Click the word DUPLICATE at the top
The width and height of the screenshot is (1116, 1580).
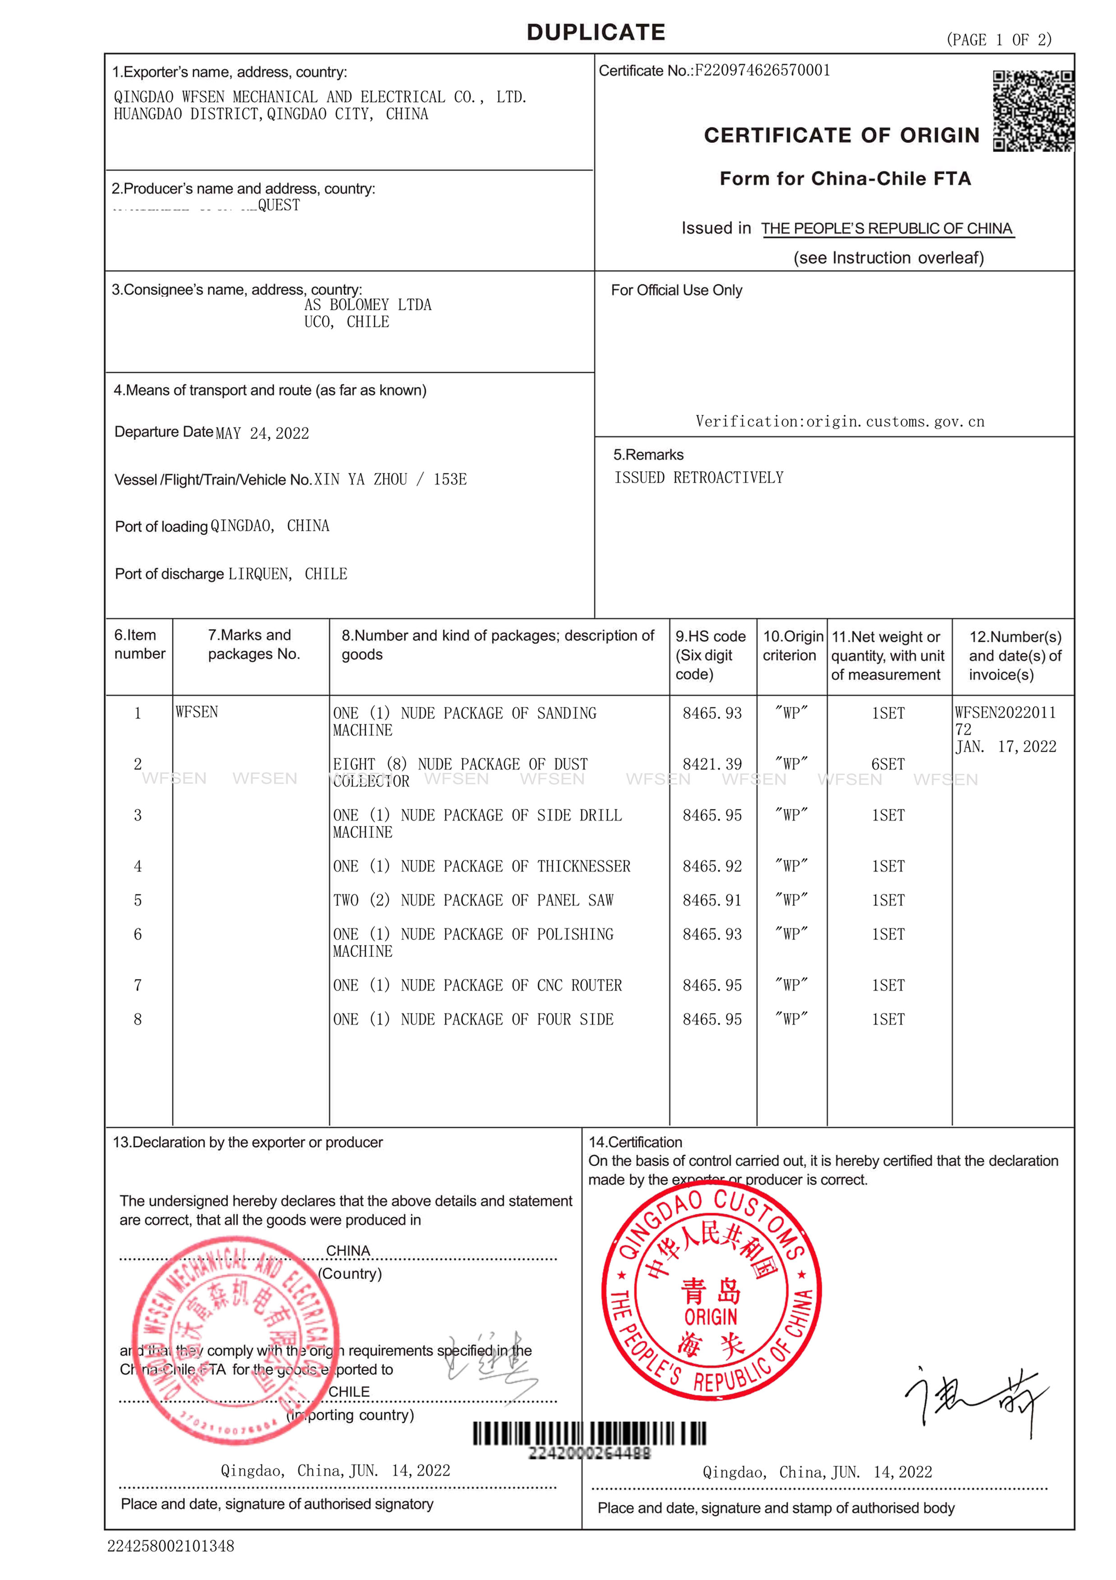(596, 32)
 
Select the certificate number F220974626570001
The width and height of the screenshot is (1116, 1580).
(762, 70)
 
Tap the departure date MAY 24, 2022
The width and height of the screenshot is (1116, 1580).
(262, 433)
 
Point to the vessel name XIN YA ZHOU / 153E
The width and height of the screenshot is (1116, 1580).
(390, 479)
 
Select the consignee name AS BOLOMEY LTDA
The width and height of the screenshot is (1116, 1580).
(367, 305)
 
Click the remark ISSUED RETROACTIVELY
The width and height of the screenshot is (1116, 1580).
(698, 478)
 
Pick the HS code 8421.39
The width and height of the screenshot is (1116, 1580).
(712, 764)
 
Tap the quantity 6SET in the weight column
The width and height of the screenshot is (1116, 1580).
(887, 764)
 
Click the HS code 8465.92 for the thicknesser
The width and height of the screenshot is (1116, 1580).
(712, 866)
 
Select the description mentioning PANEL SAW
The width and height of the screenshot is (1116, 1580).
(473, 900)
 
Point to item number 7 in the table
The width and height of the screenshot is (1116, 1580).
(138, 985)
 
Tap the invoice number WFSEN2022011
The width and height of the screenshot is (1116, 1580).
(1005, 712)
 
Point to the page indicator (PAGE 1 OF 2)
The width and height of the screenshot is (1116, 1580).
(998, 40)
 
